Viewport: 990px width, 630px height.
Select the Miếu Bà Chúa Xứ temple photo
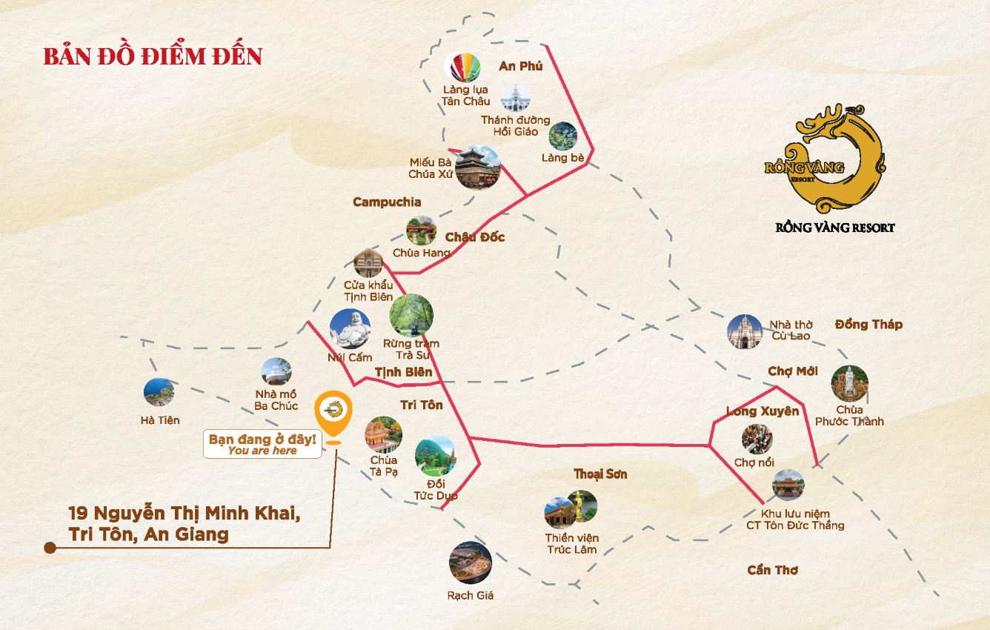[x=477, y=168]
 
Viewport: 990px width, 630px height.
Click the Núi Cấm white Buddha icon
[x=350, y=329]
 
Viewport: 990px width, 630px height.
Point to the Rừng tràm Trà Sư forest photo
[x=411, y=316]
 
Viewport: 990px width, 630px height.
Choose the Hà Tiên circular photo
[x=159, y=393]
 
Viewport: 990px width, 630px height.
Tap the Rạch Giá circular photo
[x=471, y=563]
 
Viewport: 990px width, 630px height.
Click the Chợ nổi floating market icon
[x=757, y=439]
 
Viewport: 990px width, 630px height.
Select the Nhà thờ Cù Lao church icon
[x=744, y=331]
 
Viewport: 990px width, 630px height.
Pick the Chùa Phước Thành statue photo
[x=849, y=383]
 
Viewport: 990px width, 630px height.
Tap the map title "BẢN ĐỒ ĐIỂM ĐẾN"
[x=153, y=56]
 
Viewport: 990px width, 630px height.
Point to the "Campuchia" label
[x=387, y=202]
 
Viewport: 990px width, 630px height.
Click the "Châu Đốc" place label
[x=475, y=237]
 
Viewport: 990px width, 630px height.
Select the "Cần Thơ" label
[x=772, y=570]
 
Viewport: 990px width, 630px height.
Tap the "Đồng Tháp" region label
[x=868, y=325]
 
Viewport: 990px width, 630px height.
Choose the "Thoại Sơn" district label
[x=600, y=474]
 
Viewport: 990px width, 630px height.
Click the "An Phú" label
[x=520, y=66]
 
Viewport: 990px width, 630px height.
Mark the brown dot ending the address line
[x=50, y=548]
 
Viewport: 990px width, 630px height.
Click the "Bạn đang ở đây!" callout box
[x=262, y=445]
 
